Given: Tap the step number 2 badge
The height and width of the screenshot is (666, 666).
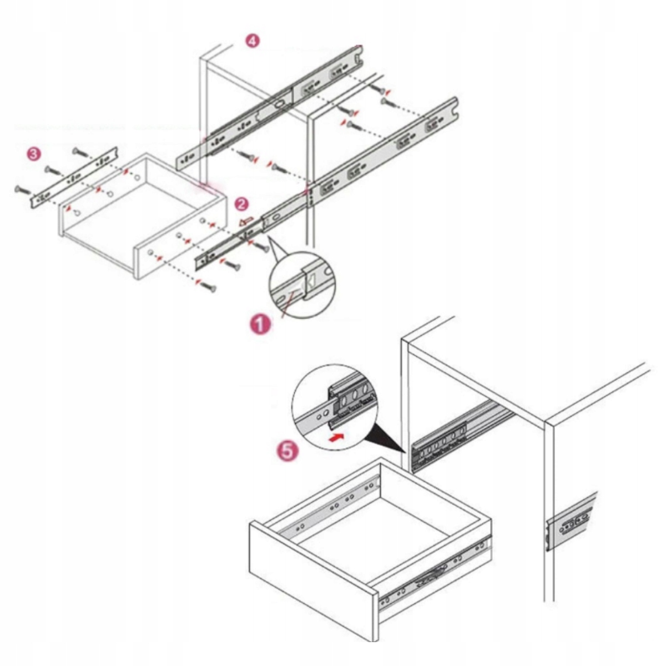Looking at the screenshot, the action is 241,204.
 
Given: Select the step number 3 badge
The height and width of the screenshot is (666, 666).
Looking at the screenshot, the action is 34,154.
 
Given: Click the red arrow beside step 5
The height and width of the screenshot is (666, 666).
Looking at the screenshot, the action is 336,437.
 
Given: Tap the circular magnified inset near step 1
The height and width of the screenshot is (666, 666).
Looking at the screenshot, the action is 301,284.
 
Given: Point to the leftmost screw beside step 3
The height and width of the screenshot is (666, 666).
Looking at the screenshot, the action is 24,190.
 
